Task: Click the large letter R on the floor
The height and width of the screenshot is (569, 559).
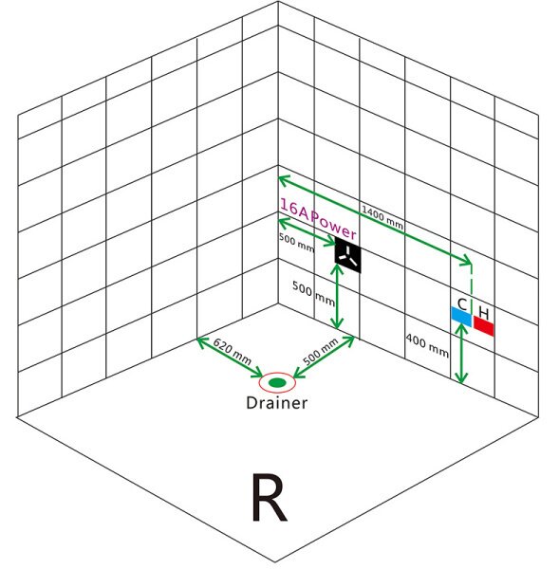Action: [x=270, y=498]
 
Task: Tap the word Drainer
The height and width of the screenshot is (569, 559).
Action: [x=277, y=403]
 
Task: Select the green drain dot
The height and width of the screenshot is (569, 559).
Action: [x=277, y=382]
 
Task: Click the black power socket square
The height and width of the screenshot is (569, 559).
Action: [x=348, y=255]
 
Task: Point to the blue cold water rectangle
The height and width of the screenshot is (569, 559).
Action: [x=461, y=317]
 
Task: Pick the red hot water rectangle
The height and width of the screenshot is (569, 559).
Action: [x=483, y=326]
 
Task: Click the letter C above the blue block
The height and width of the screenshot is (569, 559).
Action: [x=462, y=304]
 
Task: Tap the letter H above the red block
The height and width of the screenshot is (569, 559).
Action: [x=484, y=313]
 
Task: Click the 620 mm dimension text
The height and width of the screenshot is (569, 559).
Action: [x=232, y=351]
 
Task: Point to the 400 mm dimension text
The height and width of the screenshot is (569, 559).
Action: [x=427, y=345]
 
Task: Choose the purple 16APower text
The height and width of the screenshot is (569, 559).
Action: [x=318, y=219]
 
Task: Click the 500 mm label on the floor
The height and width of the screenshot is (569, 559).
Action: [x=321, y=351]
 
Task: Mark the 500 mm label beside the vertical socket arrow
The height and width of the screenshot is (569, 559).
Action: [x=313, y=293]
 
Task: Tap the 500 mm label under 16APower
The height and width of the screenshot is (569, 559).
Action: [x=296, y=242]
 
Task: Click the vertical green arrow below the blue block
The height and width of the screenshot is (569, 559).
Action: [x=461, y=353]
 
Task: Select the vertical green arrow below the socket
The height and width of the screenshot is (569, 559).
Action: [x=338, y=297]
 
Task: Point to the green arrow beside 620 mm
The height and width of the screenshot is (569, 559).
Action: [x=230, y=358]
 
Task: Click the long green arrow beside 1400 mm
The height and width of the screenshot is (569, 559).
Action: [x=375, y=220]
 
